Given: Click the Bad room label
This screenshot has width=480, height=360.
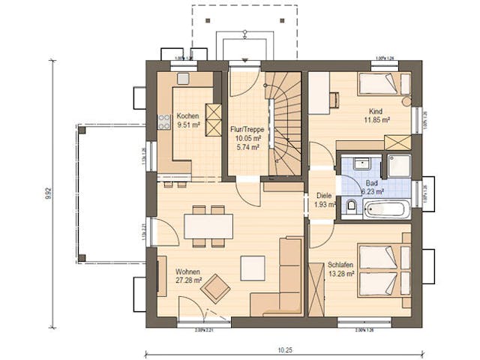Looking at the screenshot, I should (x=372, y=182).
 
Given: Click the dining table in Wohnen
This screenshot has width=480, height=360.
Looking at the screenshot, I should (x=208, y=226).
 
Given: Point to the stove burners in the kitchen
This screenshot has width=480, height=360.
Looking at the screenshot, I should (x=163, y=121).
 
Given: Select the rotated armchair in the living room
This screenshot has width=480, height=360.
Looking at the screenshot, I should (x=217, y=286).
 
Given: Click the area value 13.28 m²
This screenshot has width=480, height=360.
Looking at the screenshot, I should (x=340, y=274).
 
